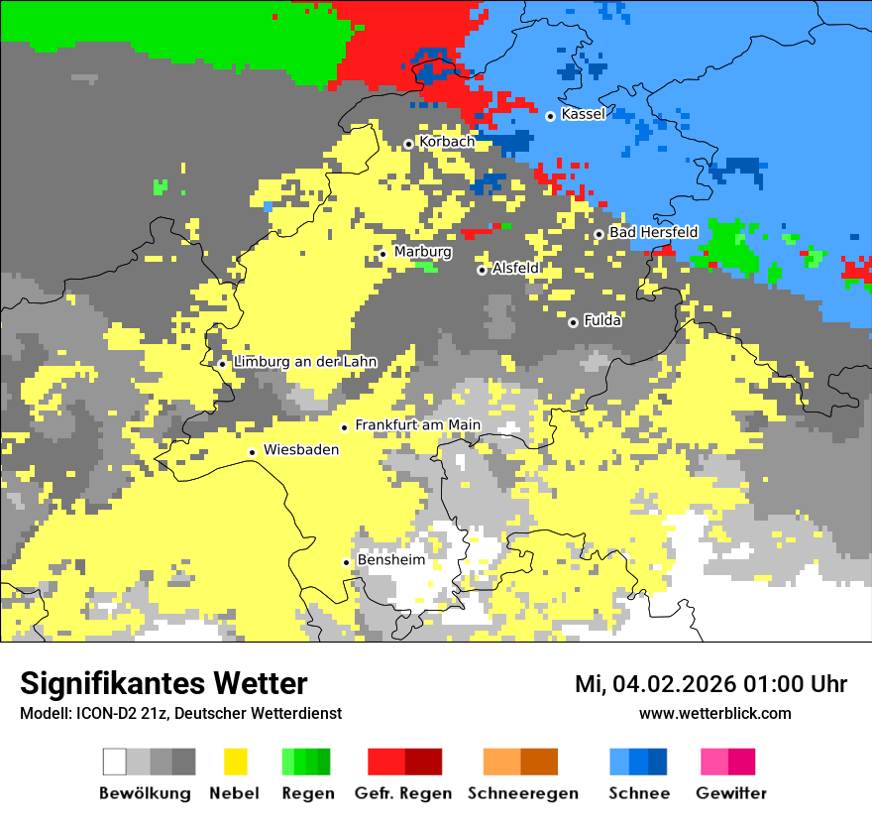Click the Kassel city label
pyautogui.click(x=583, y=114)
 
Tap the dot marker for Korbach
pyautogui.click(x=408, y=144)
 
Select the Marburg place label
pyautogui.click(x=422, y=252)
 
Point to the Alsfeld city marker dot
pyautogui.click(x=483, y=270)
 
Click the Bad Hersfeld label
pyautogui.click(x=653, y=232)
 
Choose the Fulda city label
pyautogui.click(x=602, y=321)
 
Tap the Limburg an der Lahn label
pyautogui.click(x=304, y=362)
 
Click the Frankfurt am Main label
pyautogui.click(x=417, y=425)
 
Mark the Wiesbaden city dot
pyautogui.click(x=253, y=452)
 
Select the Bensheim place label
pyautogui.click(x=390, y=560)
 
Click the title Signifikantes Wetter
pyautogui.click(x=163, y=683)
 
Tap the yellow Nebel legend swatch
pyautogui.click(x=235, y=762)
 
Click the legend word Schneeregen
pyautogui.click(x=523, y=793)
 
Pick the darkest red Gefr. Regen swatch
pyautogui.click(x=423, y=762)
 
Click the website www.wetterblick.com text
pyautogui.click(x=714, y=713)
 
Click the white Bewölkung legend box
pyautogui.click(x=115, y=762)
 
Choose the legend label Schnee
pyautogui.click(x=638, y=793)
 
